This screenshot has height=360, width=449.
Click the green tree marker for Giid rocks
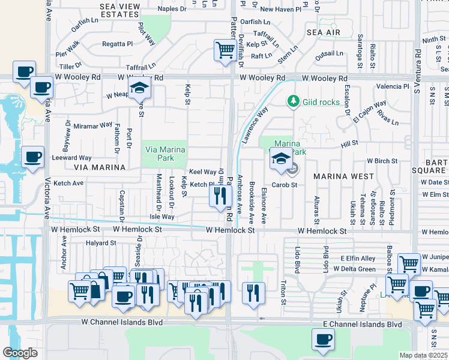click(293, 101)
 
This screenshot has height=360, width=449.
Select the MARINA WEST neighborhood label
click(343, 176)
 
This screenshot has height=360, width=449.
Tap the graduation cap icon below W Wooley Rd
click(140, 89)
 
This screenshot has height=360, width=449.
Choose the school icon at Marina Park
click(280, 159)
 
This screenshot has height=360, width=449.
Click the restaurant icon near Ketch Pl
click(220, 194)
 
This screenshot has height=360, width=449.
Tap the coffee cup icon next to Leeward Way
click(32, 158)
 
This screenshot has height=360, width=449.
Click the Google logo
click(20, 352)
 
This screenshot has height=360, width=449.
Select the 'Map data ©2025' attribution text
click(423, 355)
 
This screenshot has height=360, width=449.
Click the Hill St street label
click(349, 143)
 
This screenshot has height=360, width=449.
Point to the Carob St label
click(285, 185)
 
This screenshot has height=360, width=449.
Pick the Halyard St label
click(100, 243)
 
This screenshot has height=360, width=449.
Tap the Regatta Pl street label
click(117, 44)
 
